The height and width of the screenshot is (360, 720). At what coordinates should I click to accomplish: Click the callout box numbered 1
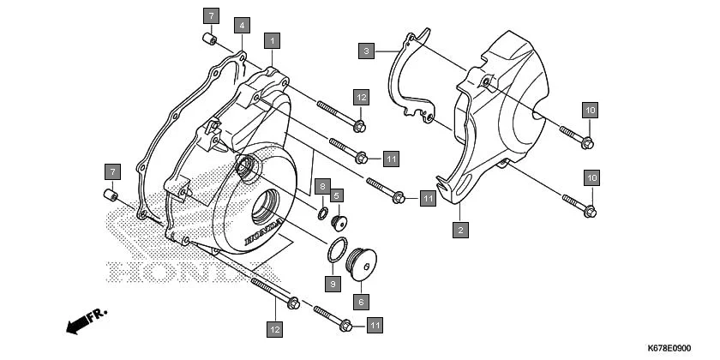point(273,40)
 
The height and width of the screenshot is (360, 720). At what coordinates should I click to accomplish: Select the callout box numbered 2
point(460,230)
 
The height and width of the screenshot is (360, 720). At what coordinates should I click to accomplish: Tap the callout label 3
point(366,51)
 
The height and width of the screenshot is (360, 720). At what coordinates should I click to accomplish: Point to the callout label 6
point(360,302)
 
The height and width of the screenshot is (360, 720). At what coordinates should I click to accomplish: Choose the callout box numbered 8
point(321,186)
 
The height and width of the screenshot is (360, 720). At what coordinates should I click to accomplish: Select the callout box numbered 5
point(337,195)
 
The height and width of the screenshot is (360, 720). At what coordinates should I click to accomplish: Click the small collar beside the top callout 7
point(207,39)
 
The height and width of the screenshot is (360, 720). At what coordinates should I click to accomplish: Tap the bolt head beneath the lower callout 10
point(590,209)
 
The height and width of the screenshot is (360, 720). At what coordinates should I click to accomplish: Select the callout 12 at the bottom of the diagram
point(273,328)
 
